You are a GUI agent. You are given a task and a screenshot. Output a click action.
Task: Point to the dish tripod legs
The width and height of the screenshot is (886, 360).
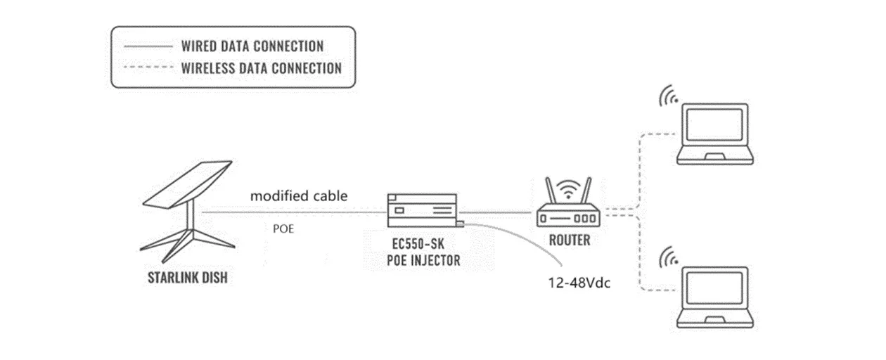180,239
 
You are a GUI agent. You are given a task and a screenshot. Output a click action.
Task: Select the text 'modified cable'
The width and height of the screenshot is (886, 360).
299,196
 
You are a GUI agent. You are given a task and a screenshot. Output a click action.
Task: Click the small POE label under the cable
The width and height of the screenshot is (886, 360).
283,229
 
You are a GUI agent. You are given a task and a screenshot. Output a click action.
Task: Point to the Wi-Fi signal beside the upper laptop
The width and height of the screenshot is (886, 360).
669,96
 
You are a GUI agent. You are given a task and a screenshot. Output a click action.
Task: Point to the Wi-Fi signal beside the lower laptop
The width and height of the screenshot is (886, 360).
669,257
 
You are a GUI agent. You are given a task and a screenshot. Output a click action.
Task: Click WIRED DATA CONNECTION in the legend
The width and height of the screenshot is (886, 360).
252,46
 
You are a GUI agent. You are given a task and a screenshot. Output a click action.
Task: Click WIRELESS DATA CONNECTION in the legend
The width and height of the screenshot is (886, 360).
261,68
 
